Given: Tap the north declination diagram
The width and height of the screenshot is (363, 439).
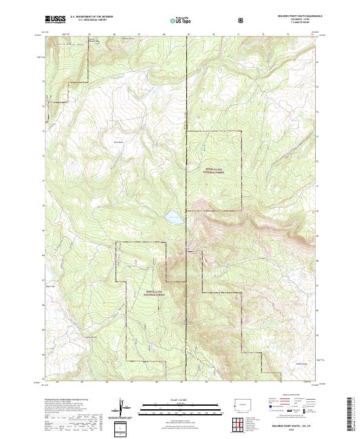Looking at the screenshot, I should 125,407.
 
